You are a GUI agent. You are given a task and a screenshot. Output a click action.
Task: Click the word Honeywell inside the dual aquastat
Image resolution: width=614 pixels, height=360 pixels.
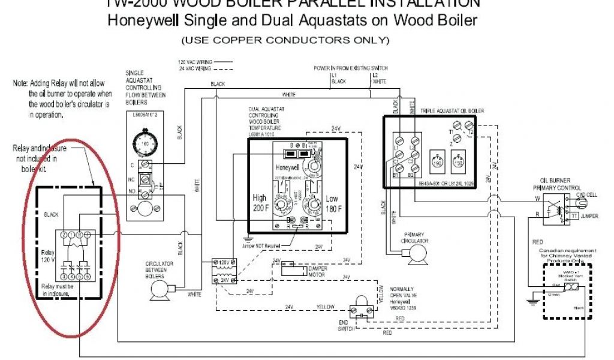coord(287,167)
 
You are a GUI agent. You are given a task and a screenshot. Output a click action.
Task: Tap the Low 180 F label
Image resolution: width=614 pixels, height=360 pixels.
coord(332,203)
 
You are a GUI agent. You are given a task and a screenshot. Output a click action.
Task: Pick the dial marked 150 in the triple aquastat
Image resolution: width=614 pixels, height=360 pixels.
coord(459,163)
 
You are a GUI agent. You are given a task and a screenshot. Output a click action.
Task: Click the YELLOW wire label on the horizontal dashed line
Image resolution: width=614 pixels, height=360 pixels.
coord(326,307)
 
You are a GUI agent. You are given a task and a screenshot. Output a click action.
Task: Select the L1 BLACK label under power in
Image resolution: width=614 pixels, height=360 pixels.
coord(339,78)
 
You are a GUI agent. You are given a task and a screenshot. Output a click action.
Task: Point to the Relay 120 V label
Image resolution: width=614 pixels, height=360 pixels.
coord(48,256)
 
